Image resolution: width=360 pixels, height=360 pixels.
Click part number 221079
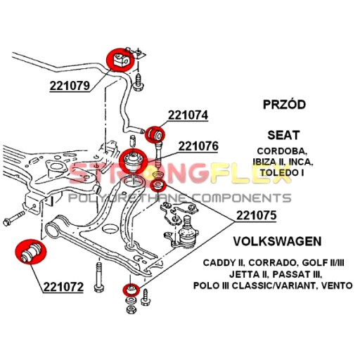click(70, 86)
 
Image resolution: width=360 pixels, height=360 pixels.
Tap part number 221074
click(188, 115)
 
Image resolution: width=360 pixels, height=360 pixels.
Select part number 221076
click(198, 146)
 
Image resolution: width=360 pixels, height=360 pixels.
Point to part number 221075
click(257, 215)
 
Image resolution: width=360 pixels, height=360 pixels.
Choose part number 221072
click(63, 287)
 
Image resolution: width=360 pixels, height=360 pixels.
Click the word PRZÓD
click(284, 104)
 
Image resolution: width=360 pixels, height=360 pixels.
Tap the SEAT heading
click(283, 135)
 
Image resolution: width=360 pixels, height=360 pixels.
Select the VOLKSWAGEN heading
click(277, 241)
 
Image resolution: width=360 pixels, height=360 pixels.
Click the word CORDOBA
click(282, 151)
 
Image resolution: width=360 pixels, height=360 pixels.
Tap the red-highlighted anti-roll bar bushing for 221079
click(120, 60)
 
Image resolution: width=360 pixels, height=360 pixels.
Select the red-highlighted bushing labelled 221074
click(155, 134)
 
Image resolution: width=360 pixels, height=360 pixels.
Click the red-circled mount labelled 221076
click(133, 161)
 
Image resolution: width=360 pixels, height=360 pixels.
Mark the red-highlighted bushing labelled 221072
click(31, 252)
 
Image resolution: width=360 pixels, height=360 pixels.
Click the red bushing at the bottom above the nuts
click(131, 290)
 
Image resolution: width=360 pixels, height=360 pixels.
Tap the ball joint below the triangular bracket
click(188, 233)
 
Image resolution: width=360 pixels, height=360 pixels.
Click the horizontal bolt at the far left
click(14, 218)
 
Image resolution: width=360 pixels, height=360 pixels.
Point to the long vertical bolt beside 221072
click(98, 277)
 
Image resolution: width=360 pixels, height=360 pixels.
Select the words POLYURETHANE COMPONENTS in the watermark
click(179, 198)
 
